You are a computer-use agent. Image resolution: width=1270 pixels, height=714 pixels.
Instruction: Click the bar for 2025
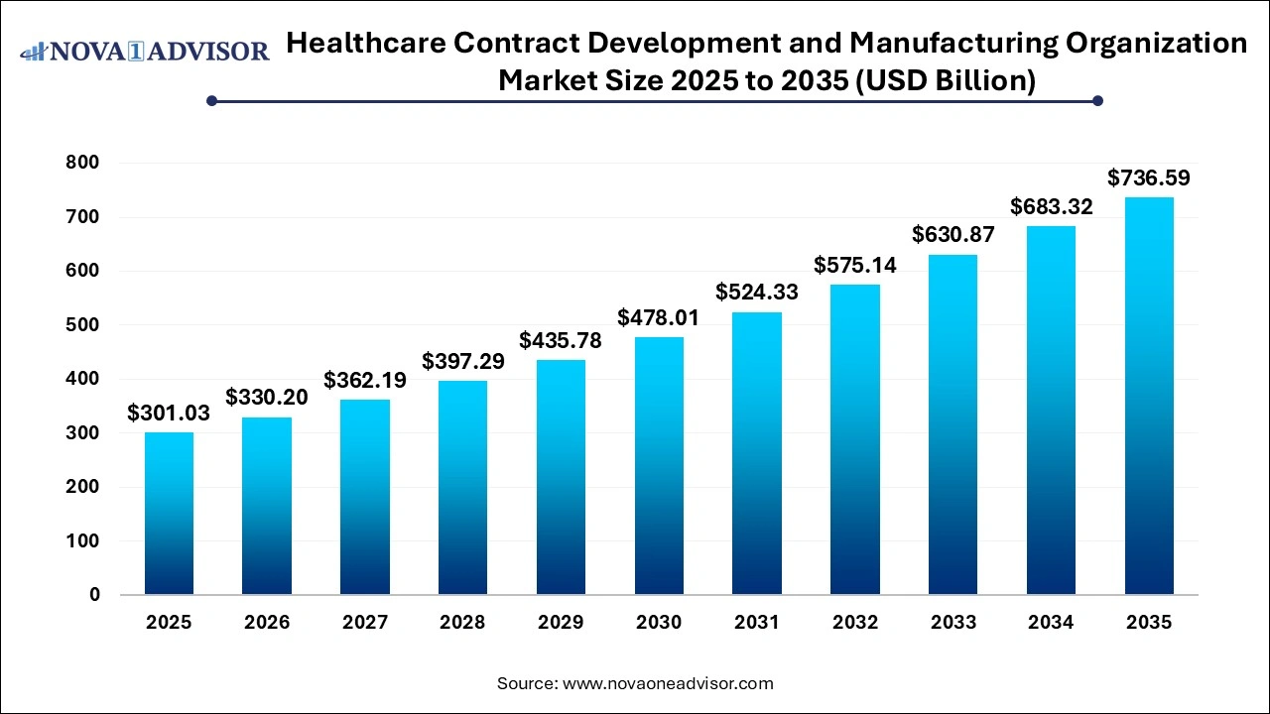169,514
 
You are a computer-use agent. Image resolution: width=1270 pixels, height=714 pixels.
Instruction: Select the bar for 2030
659,466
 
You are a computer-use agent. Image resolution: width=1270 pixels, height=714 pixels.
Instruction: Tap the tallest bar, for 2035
1149,397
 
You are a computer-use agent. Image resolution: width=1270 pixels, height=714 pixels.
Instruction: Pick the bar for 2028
462,488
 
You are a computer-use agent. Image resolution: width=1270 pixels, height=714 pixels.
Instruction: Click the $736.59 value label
1149,178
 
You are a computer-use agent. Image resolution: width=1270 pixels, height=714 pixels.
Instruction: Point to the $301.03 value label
169,414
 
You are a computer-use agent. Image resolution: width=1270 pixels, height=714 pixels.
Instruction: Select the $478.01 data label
659,318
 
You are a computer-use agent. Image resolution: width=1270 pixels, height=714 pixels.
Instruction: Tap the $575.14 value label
855,266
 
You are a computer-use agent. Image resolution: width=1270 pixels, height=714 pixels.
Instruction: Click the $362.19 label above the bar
365,381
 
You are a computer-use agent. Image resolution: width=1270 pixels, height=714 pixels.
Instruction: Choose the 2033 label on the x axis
952,623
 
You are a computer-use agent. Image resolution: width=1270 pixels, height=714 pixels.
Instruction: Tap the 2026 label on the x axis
267,623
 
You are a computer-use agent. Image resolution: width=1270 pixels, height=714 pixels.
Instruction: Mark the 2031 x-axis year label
757,623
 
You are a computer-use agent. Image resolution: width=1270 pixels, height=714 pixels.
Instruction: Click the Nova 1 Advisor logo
145,52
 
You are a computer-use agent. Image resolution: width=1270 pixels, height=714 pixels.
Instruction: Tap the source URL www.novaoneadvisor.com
668,683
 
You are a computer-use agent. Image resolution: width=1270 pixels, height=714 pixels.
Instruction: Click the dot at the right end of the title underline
1097,100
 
